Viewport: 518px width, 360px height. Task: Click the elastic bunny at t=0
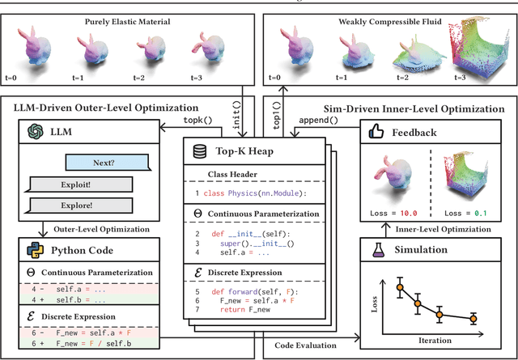pos(35,53)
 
